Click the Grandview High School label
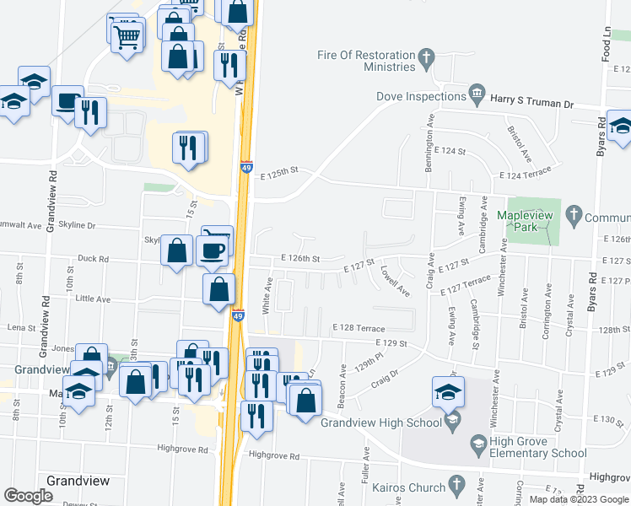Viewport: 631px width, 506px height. click(380, 422)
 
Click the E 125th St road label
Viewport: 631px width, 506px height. click(280, 172)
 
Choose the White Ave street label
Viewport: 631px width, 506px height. click(266, 296)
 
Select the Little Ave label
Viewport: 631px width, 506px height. click(93, 299)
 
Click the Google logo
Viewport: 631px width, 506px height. click(28, 497)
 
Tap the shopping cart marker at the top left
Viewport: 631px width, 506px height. click(127, 36)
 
